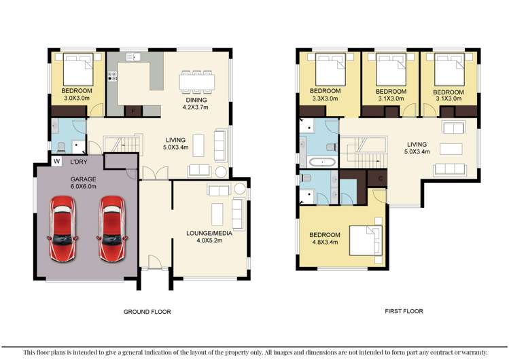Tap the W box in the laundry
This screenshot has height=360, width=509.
click(x=56, y=162)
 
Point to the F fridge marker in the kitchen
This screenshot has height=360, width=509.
click(x=134, y=110)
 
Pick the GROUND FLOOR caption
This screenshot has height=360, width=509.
click(x=147, y=312)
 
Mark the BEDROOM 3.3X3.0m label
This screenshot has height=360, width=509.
click(x=326, y=94)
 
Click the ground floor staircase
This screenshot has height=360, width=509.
click(x=122, y=145)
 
